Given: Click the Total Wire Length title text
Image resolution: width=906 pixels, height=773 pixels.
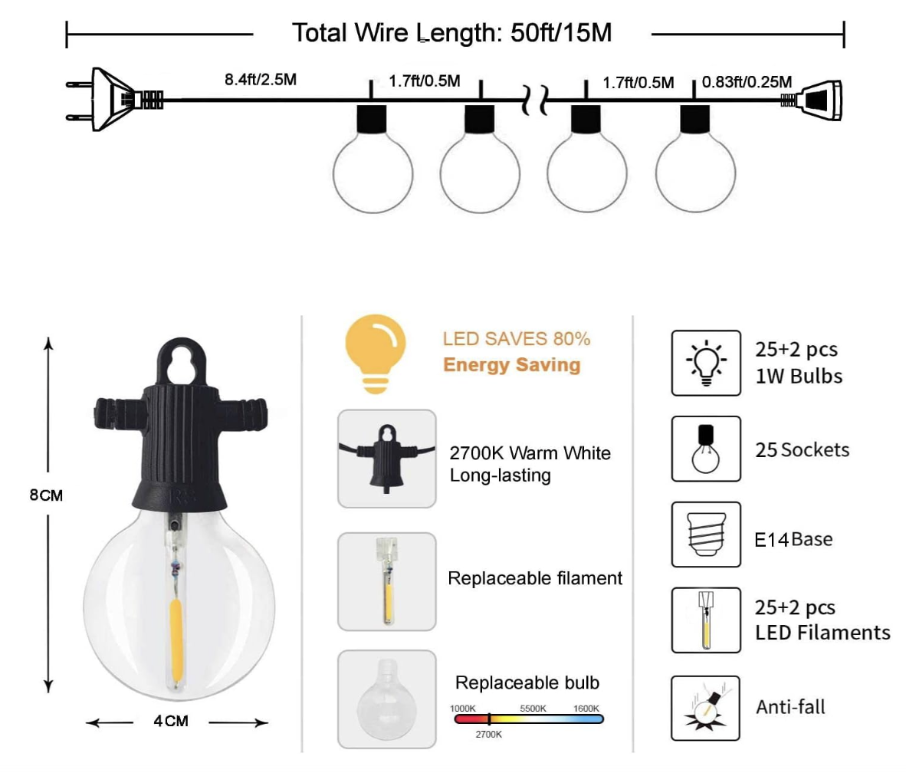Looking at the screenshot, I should coord(452,33).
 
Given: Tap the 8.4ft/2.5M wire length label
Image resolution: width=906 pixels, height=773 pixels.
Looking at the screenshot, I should coord(261,79).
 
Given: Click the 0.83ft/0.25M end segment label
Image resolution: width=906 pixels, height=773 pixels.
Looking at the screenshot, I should coord(747,82).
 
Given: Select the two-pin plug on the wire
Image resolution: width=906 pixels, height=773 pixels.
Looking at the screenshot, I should coord(107,100).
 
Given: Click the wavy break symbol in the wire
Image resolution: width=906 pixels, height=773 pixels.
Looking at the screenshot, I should coord(535,100).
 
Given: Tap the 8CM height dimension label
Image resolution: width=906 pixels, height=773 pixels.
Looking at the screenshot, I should coord(46,495).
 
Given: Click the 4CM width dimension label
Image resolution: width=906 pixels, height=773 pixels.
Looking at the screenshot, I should coord(170,721).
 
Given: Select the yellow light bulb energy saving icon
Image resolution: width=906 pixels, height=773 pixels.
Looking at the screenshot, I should coord(376,354).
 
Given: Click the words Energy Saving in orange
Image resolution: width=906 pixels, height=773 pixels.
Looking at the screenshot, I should coord(511,364).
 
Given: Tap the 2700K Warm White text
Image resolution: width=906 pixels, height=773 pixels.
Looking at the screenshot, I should coord(530,453).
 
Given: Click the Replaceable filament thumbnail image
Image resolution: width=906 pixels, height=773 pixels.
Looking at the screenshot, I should coord(386,581).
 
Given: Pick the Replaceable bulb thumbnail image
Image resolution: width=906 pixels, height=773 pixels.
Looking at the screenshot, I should coord(386,699).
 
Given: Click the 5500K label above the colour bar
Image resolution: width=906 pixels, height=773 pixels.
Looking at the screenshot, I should coord(533,708).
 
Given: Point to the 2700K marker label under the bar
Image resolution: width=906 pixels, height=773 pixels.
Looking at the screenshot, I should coord(488,735).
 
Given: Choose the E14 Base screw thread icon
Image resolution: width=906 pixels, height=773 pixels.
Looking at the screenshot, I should coord(705,535).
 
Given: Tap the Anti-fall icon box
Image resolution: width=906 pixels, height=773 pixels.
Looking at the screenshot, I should coord(705,708).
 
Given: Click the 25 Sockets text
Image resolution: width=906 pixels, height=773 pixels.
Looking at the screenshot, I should coord(802,449).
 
